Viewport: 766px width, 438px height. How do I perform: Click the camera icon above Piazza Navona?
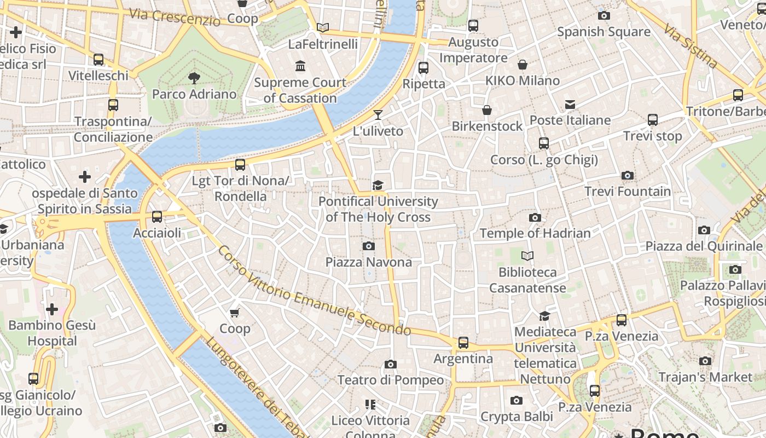369,246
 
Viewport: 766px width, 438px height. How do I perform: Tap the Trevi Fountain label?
628,191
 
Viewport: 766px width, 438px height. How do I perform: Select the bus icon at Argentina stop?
463,343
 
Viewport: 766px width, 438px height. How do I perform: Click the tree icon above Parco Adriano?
194,78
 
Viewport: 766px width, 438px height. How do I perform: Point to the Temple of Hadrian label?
535,233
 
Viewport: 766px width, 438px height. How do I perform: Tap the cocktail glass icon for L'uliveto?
378,115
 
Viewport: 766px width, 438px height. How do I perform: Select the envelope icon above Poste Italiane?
570,104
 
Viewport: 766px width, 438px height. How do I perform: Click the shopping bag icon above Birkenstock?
487,110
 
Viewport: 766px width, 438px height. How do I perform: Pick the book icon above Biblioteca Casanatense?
527,256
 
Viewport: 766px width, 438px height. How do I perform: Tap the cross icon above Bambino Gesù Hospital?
52,309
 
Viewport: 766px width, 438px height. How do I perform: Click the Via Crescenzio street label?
175,16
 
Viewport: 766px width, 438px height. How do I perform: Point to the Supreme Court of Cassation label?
300,90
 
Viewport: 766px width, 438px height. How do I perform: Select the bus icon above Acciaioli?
157,217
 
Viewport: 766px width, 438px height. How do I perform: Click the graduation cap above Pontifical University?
378,185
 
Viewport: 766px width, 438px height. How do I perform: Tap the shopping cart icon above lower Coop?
235,313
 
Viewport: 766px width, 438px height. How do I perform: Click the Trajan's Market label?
705,377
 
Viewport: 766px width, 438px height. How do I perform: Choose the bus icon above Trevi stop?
652,120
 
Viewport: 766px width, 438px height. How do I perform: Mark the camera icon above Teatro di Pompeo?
390,364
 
